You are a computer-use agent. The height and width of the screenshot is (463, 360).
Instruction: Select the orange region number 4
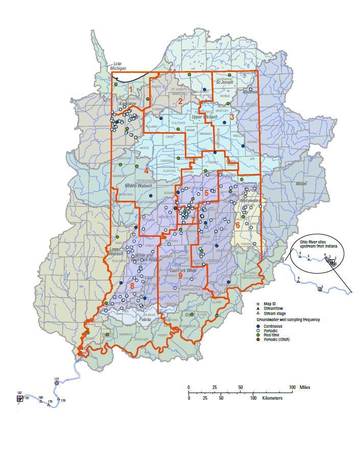click(146, 170)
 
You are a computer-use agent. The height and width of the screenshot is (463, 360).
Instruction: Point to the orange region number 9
click(180, 275)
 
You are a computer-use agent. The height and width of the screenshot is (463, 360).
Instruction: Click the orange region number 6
click(237, 225)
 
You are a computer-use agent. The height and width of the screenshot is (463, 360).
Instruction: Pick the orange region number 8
click(132, 286)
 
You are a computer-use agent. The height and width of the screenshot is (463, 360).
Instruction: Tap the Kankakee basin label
click(127, 104)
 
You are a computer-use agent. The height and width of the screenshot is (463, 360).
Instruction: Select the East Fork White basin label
click(183, 270)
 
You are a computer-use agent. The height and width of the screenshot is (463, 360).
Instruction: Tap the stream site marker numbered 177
click(57, 382)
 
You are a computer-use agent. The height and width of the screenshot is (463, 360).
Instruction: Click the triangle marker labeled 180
click(41, 401)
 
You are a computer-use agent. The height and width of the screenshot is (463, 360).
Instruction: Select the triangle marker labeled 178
click(59, 399)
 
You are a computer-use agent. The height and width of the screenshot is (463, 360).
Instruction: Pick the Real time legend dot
click(258, 334)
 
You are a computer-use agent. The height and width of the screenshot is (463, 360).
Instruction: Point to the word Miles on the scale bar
click(305, 387)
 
